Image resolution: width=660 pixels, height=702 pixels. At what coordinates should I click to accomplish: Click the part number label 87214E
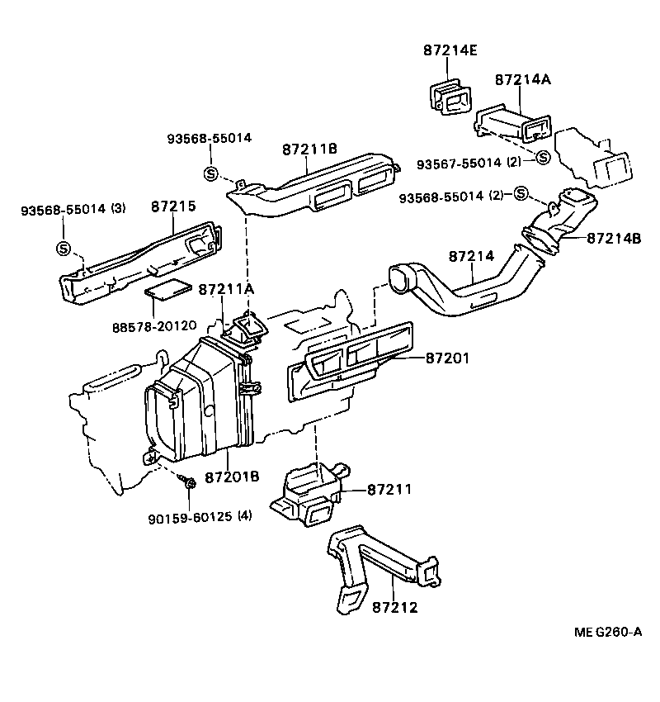(450, 51)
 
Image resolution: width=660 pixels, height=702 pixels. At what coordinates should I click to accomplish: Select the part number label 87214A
(522, 80)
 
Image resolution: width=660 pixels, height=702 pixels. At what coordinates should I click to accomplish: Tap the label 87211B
(309, 149)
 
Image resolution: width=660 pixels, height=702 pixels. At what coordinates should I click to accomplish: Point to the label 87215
(173, 206)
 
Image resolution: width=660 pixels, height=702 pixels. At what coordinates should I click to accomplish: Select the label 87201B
(232, 477)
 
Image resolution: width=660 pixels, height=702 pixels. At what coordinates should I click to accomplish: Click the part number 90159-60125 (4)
(200, 517)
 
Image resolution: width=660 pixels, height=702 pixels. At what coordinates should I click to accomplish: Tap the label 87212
(395, 607)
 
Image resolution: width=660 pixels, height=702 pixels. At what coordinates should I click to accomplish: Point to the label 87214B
(614, 239)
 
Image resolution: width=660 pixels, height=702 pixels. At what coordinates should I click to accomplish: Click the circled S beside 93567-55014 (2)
(542, 158)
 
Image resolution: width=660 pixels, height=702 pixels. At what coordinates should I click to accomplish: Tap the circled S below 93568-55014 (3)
(63, 247)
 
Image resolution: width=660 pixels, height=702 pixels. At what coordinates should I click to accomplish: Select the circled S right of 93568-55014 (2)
(520, 194)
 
